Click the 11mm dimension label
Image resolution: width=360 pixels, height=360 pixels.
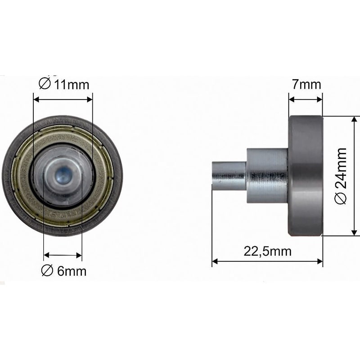(63, 84)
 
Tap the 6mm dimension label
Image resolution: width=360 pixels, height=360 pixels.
(63, 271)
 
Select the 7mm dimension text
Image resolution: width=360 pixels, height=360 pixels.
(306, 84)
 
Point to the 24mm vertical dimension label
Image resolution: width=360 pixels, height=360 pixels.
(341, 176)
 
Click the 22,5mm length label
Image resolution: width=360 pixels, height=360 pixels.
(267, 251)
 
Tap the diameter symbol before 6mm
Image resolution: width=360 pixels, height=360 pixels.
(47, 270)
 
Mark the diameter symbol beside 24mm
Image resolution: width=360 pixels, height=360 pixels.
(341, 198)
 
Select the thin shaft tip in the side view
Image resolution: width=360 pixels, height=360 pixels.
(229, 176)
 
